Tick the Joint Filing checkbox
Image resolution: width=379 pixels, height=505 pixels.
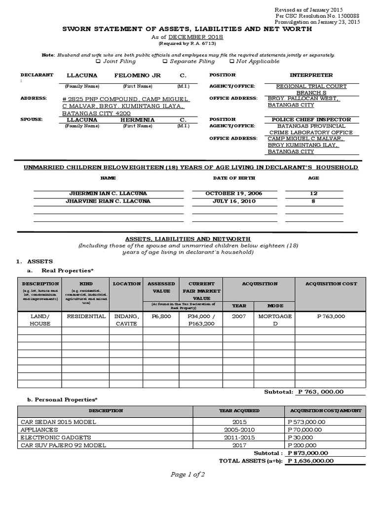click(x=98, y=62)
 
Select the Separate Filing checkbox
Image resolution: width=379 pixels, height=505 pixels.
click(x=165, y=62)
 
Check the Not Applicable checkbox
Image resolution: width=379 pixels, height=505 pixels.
click(x=231, y=62)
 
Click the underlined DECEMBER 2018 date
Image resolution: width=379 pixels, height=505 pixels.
click(x=196, y=37)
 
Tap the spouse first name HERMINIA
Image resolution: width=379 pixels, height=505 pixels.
click(x=137, y=120)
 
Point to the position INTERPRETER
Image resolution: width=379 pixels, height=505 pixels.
click(x=311, y=75)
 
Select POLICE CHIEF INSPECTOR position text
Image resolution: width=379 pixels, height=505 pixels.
click(x=311, y=120)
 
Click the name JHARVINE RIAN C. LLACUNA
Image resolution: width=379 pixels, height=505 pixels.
click(x=108, y=201)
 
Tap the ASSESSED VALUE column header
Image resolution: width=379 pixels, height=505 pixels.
click(x=161, y=288)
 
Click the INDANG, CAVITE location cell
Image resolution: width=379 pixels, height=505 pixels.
click(x=126, y=320)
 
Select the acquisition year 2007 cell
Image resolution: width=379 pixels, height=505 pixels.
click(x=238, y=317)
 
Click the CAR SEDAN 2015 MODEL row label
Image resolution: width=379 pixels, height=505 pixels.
click(x=58, y=422)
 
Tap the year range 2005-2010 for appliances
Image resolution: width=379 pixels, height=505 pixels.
click(x=239, y=430)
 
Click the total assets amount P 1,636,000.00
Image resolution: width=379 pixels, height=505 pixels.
click(x=310, y=461)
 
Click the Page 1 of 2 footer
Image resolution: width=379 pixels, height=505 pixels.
click(x=188, y=474)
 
